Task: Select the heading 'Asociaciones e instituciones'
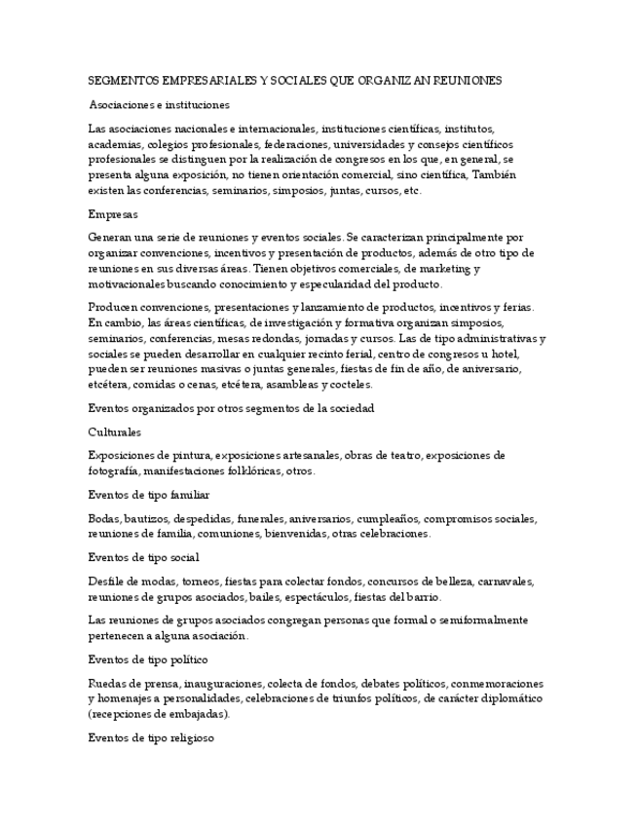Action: (159, 104)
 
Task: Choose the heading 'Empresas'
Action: (113, 213)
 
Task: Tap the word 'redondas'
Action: (280, 338)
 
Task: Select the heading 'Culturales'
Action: (114, 431)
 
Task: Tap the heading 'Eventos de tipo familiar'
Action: (148, 495)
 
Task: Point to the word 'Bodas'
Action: (104, 518)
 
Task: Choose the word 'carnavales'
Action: (507, 581)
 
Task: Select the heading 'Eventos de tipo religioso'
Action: (151, 737)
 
